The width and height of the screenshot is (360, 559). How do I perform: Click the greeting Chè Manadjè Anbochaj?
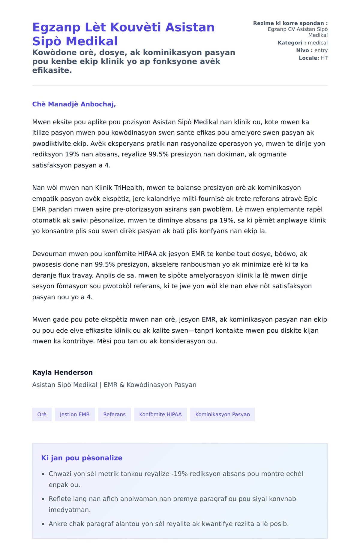coord(74,104)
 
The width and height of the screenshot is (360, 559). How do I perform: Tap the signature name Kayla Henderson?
coord(62,372)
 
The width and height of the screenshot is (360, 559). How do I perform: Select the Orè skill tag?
coord(42,414)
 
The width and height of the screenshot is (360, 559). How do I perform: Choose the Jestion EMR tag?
coord(75,414)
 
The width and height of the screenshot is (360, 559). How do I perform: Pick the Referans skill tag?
coord(114,414)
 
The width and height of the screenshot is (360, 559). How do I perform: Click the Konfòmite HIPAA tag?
coord(160,414)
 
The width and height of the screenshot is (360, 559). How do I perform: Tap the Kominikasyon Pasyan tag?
coord(222,414)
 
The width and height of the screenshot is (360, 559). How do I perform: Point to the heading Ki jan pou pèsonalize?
coord(82,458)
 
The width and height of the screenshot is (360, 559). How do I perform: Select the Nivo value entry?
coord(321,50)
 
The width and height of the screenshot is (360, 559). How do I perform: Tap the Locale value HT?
coord(324,58)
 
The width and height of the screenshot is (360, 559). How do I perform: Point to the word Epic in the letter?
coord(310,198)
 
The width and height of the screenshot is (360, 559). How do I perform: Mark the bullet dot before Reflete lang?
coord(43,499)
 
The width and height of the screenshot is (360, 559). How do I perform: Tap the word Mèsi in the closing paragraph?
coord(104,341)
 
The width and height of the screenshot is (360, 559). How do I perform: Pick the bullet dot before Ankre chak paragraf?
coord(43,524)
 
